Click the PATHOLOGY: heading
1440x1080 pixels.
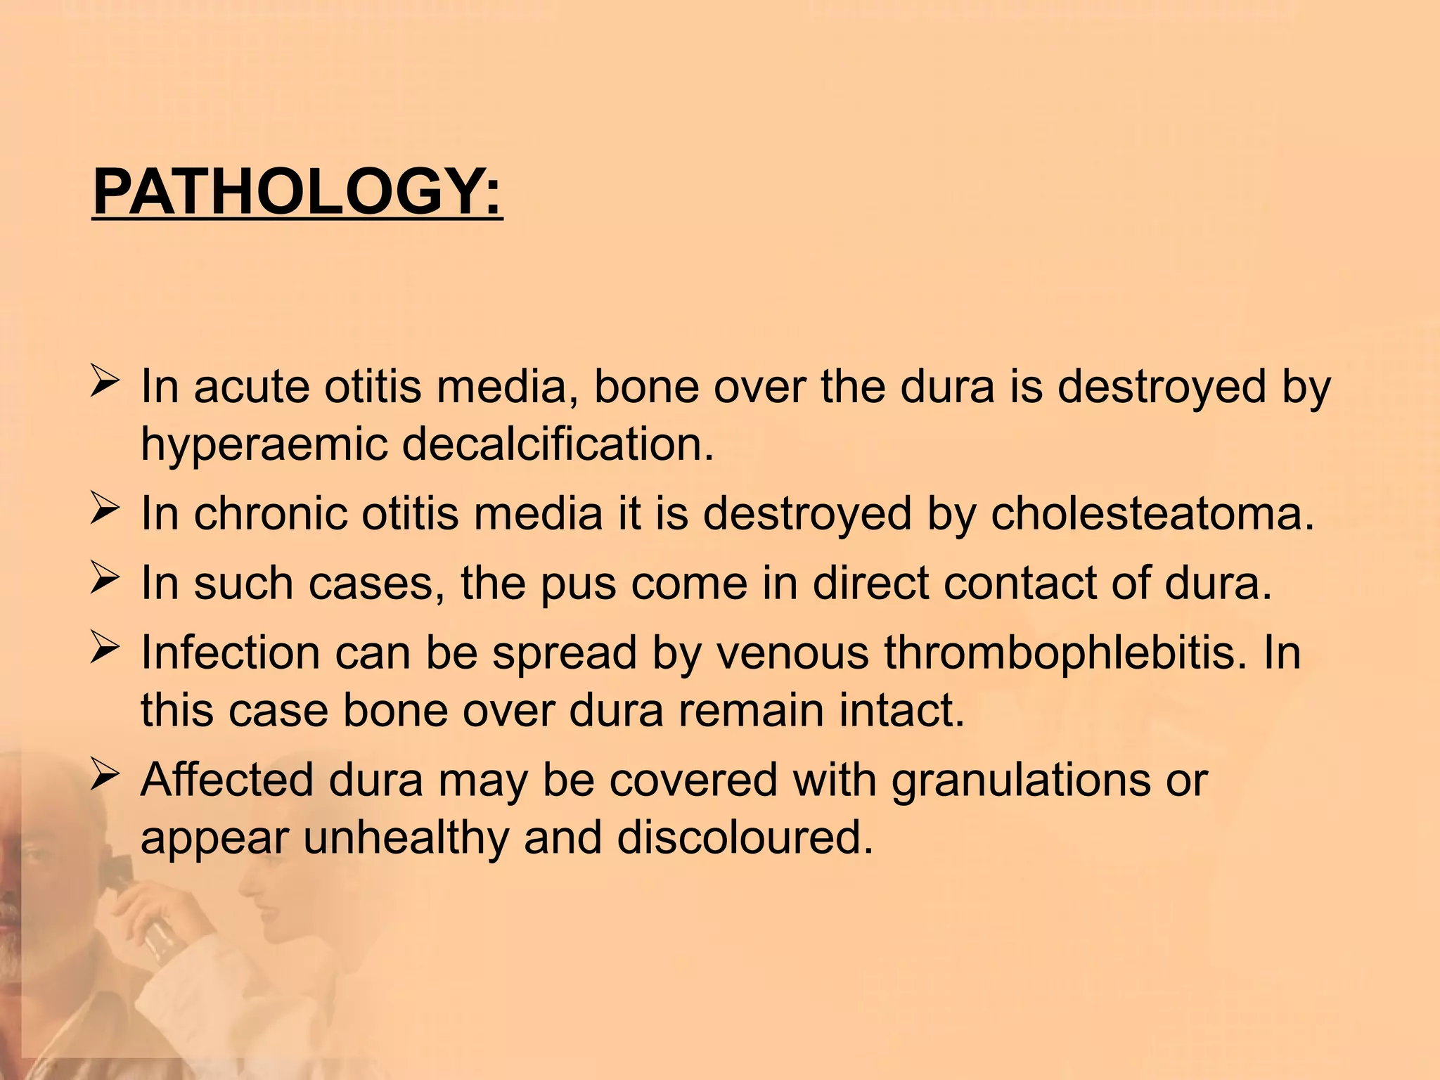click(297, 192)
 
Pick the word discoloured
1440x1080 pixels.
click(745, 837)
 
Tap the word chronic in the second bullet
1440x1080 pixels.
click(271, 513)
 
